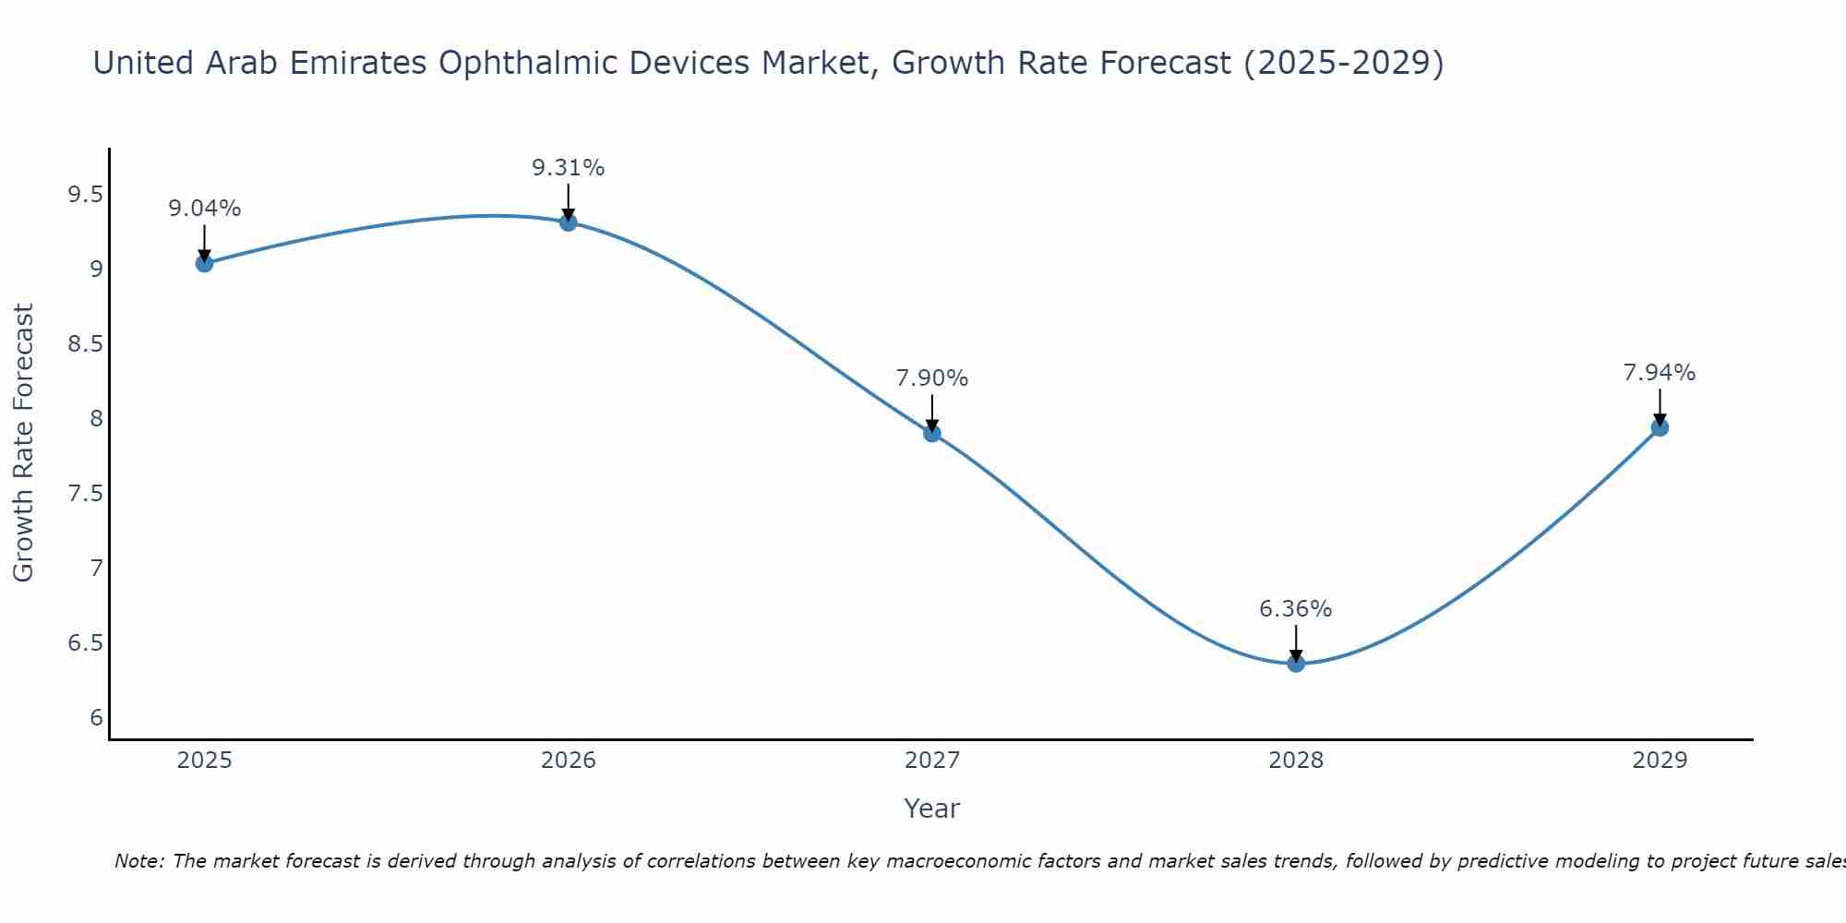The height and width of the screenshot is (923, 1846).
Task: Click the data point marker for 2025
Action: click(x=204, y=263)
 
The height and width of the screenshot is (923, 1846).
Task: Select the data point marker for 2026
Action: click(x=569, y=222)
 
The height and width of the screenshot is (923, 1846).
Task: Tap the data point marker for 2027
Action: click(x=932, y=433)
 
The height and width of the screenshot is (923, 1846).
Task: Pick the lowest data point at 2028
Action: click(x=1296, y=663)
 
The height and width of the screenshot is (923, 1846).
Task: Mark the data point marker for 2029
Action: click(x=1660, y=427)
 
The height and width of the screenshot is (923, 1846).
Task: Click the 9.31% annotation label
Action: click(x=569, y=168)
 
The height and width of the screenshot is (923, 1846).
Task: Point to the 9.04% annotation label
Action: click(x=204, y=209)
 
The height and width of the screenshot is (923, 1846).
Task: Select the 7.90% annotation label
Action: click(x=932, y=378)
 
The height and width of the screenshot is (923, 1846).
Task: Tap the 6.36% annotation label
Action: click(x=1296, y=609)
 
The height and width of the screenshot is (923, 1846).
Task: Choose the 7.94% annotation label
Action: click(x=1660, y=373)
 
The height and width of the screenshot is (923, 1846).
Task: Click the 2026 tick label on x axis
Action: click(x=569, y=761)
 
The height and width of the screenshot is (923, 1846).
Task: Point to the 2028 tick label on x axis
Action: click(x=1296, y=761)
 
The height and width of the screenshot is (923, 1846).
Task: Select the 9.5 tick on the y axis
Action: click(x=85, y=195)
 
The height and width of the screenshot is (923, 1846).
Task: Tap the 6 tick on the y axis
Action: click(x=96, y=718)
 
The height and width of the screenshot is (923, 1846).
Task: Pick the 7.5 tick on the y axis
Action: click(x=85, y=494)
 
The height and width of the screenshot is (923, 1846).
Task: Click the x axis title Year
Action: click(x=932, y=809)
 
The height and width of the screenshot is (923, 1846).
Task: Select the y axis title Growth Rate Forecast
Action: click(x=23, y=443)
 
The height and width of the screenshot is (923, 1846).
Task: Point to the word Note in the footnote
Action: click(x=138, y=861)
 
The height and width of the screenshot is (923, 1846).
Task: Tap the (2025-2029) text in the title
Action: click(x=1344, y=64)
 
